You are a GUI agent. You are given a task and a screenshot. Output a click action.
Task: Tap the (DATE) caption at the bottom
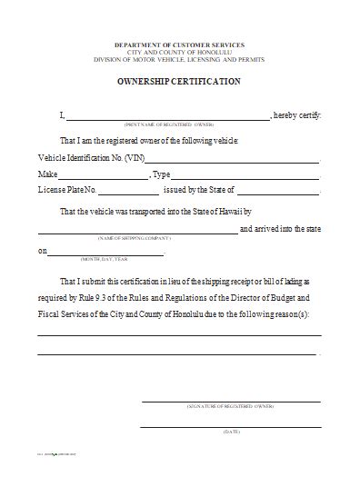click(230, 432)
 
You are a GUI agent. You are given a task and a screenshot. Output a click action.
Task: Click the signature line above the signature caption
click(230, 401)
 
